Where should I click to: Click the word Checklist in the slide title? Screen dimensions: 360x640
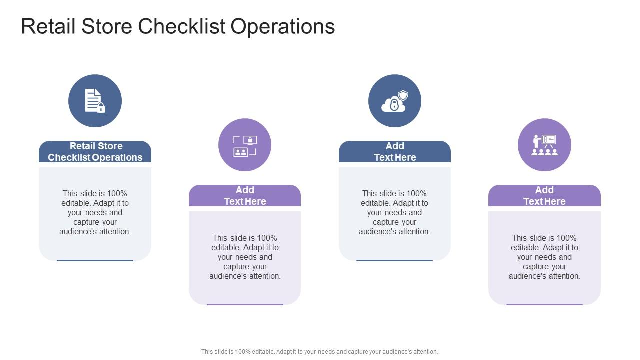pos(182,26)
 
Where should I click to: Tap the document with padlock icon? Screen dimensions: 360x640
pos(95,101)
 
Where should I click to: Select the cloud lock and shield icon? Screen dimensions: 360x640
pos(394,101)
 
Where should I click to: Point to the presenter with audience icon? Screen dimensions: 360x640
pos(544,145)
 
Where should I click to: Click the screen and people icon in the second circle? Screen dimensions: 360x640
pos(245,145)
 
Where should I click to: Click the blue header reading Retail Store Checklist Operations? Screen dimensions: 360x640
pos(95,152)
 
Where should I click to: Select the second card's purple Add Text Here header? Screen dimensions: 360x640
pos(245,196)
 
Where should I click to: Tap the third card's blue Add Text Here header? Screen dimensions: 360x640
pos(394,152)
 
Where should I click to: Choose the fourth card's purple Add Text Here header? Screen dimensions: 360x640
pos(544,196)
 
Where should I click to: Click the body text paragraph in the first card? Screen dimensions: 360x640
pos(95,212)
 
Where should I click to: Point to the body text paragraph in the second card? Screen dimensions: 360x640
pos(245,257)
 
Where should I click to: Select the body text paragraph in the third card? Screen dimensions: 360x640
pos(394,212)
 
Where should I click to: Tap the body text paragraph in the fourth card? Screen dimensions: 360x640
pos(544,257)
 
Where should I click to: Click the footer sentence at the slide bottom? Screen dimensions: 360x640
pos(319,352)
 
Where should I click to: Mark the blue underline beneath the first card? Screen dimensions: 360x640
pos(95,260)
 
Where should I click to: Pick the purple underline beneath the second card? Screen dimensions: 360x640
pos(245,304)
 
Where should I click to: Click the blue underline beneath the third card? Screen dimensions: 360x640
pos(394,260)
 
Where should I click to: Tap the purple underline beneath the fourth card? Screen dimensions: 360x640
pos(544,304)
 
